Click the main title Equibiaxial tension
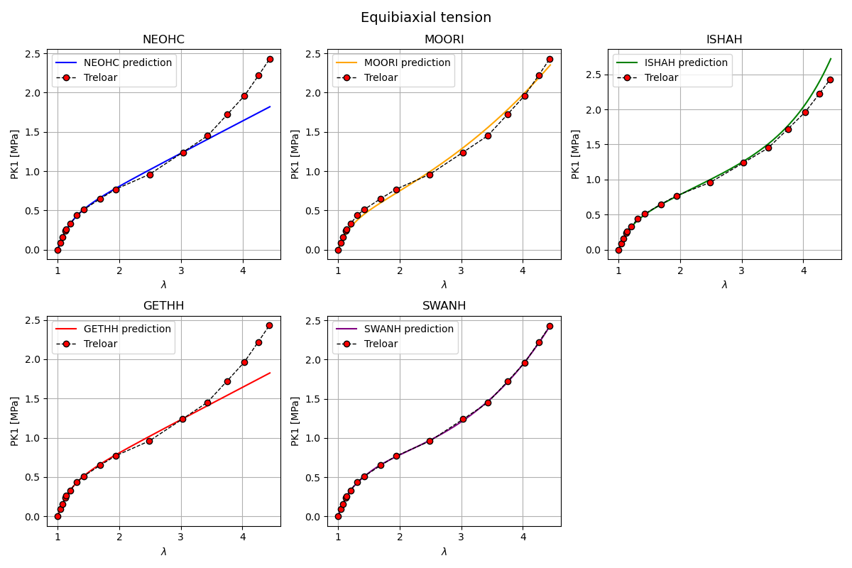(426, 18)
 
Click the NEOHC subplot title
(163, 40)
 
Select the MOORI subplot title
(444, 40)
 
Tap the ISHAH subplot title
(724, 40)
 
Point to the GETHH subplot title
(163, 306)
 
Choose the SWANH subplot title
(444, 306)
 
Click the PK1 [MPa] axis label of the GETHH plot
(14, 421)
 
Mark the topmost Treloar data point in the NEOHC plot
(270, 59)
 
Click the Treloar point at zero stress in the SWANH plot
(338, 516)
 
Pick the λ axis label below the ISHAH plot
(724, 285)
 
